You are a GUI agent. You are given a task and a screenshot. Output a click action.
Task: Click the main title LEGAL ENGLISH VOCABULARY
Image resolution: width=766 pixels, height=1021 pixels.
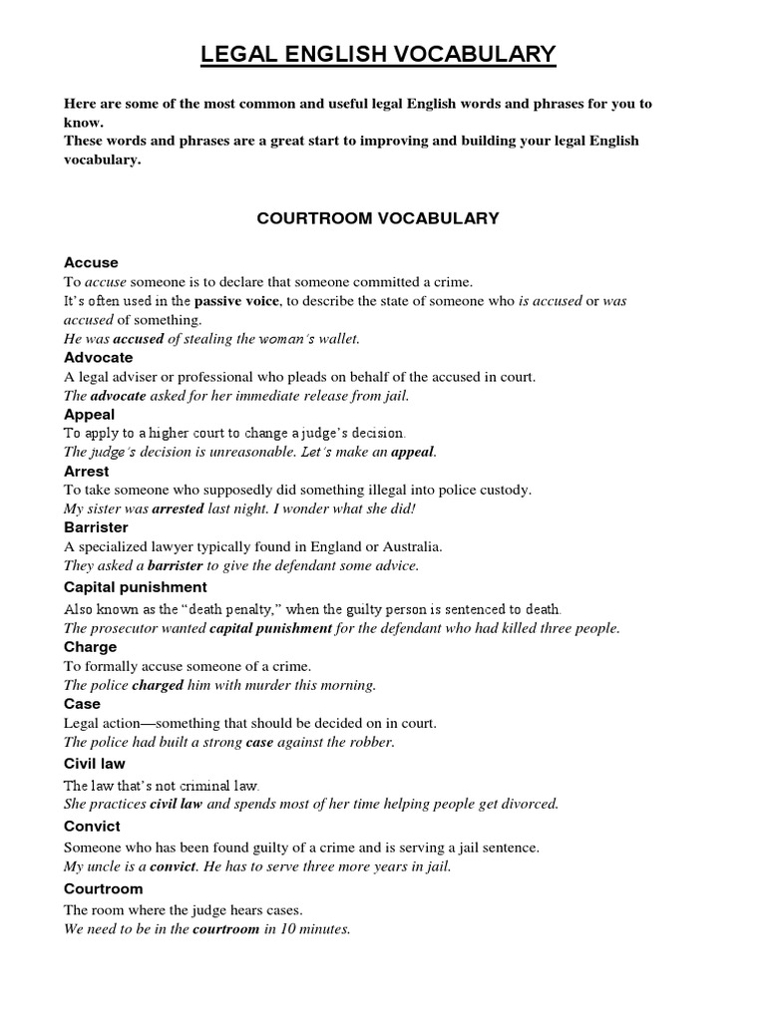[378, 55]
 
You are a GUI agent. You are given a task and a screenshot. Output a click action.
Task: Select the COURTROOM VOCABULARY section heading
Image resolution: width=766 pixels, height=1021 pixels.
[378, 218]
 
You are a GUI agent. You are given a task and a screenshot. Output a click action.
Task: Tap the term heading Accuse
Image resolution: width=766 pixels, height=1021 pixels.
[91, 263]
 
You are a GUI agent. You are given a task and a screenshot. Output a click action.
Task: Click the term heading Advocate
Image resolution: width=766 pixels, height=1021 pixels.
[98, 358]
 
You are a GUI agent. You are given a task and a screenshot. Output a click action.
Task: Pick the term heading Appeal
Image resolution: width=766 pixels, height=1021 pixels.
[89, 415]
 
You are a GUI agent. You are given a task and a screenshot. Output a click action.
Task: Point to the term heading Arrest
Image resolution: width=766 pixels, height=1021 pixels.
[87, 472]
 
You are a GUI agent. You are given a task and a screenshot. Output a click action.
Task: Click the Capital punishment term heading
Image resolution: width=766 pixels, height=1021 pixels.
[136, 587]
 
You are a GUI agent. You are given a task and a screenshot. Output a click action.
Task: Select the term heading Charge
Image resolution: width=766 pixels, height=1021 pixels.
[91, 647]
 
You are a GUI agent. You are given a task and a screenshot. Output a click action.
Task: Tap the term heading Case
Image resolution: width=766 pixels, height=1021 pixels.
[82, 704]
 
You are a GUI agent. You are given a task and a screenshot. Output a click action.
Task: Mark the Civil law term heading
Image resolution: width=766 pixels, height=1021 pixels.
[94, 764]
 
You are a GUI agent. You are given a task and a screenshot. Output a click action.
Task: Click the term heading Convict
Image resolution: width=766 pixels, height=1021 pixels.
[92, 827]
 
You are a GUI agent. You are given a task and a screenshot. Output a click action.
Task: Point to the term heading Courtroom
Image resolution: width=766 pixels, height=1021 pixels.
[103, 889]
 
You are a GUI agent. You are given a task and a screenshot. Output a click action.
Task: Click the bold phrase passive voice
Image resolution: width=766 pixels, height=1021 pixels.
[237, 300]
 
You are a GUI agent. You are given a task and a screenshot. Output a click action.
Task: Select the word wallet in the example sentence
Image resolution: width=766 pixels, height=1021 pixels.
[336, 339]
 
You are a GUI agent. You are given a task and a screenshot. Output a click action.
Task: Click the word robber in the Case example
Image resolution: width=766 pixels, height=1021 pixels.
[371, 742]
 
